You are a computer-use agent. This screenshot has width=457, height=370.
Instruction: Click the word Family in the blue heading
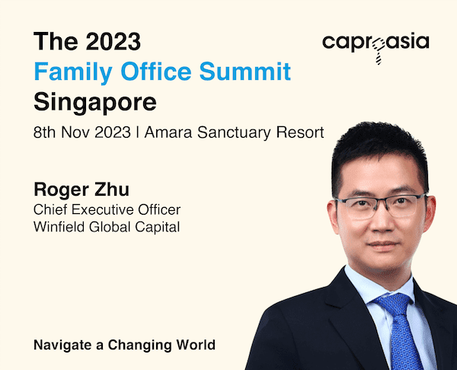coord(73,72)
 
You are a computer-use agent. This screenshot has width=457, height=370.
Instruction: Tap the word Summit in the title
coord(245,71)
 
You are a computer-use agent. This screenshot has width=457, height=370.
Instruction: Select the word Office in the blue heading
coord(156,71)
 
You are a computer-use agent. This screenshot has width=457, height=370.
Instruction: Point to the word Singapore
coord(95,103)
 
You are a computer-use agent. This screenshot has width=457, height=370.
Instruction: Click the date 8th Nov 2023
coord(82,132)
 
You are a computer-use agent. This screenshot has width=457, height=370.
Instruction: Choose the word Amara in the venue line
coord(168,132)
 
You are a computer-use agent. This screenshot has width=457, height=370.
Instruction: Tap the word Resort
coord(300,132)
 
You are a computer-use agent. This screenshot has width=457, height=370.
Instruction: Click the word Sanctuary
coord(234,133)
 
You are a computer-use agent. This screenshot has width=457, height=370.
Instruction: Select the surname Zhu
coord(112,190)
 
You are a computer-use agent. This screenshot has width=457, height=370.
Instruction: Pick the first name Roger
coord(61,190)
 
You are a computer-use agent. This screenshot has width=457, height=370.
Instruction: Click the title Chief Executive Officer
coord(107,209)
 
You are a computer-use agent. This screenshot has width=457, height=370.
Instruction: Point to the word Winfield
coord(59,227)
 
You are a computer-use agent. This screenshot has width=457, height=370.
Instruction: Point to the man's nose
coord(382,220)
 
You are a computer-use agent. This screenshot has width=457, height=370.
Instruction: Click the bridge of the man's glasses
coord(382,201)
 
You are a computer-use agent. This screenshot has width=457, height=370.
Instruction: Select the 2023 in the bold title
coord(113,41)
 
